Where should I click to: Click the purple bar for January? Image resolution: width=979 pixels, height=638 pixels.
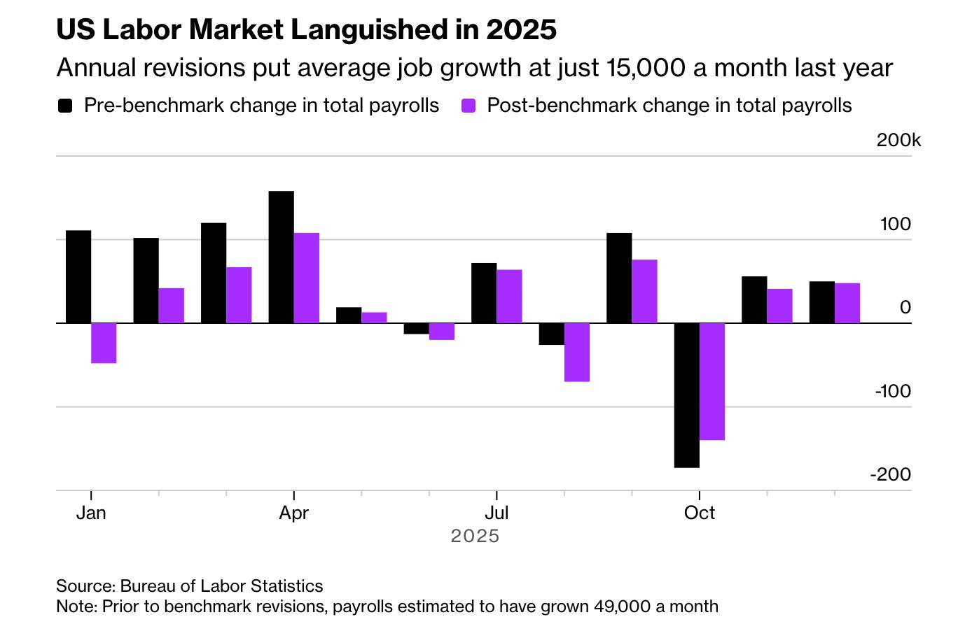tap(104, 343)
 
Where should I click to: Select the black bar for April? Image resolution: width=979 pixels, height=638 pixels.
tap(282, 257)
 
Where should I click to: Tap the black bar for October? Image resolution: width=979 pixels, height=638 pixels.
tap(686, 395)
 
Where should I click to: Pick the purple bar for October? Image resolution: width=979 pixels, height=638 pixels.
tap(712, 381)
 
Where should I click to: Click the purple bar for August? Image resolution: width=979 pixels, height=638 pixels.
tap(577, 352)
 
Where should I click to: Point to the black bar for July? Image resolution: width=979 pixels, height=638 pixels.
tap(484, 293)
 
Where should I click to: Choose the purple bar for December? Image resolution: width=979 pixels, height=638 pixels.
tap(847, 303)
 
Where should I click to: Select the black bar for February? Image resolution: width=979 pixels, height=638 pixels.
tap(146, 281)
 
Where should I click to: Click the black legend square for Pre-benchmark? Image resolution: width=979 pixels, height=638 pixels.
tap(65, 106)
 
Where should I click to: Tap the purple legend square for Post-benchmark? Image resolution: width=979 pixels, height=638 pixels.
tap(468, 106)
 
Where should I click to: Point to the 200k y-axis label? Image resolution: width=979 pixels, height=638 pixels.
tap(898, 141)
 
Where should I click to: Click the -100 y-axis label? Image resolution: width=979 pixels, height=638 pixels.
tap(893, 391)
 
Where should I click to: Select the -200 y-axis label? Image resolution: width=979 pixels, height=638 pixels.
tap(891, 474)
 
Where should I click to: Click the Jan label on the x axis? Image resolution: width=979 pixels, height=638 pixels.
tap(91, 513)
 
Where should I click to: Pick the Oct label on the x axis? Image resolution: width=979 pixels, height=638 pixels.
tap(699, 513)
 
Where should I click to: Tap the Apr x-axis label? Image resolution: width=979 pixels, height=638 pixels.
tap(293, 513)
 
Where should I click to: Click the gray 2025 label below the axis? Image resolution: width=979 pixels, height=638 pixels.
tap(475, 536)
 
